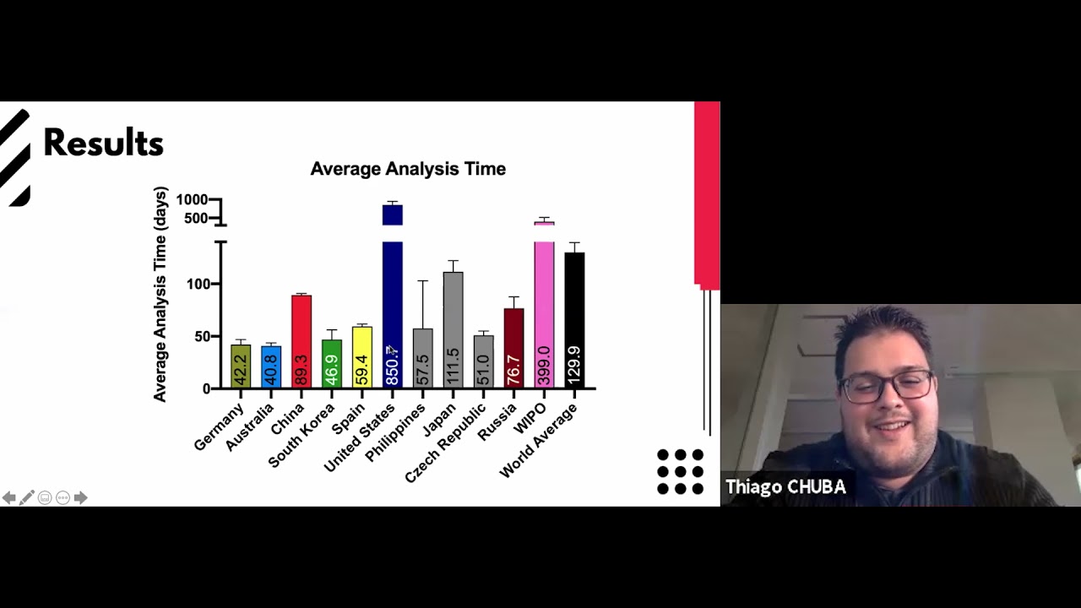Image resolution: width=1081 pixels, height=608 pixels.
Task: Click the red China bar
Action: (301, 338)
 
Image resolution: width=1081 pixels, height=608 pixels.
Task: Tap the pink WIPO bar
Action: (544, 304)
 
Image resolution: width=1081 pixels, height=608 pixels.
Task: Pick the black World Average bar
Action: (574, 312)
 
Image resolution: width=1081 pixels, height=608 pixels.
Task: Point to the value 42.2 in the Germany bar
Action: (241, 370)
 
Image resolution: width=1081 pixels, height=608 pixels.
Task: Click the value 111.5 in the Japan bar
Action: (454, 366)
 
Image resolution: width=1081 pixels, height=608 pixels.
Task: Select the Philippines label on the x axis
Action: (396, 432)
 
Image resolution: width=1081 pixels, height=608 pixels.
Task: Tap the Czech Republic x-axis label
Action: (446, 442)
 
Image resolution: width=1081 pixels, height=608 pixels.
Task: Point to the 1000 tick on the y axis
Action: (192, 199)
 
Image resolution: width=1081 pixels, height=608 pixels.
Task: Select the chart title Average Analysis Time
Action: (408, 169)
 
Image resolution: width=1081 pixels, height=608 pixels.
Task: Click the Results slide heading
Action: (103, 144)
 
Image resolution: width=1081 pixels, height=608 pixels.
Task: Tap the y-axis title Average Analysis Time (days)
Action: (160, 294)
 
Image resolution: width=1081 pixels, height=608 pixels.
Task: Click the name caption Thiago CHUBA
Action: (785, 487)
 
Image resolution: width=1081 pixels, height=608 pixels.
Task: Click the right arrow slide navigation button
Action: (80, 498)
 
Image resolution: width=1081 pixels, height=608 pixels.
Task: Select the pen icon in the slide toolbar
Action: (27, 498)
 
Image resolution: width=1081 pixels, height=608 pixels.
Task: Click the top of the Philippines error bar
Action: (423, 280)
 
